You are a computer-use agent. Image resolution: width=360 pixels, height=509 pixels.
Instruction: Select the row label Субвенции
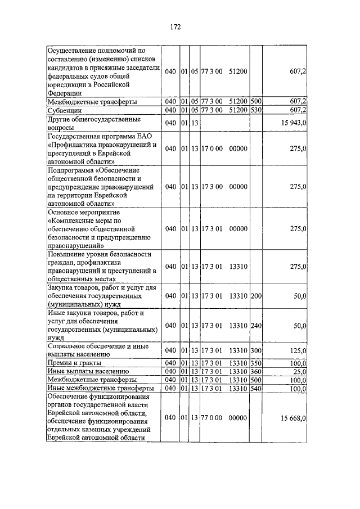coord(65,110)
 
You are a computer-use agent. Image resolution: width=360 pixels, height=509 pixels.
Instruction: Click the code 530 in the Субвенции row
coord(256,110)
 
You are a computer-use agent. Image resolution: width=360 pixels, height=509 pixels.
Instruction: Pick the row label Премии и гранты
coord(71,363)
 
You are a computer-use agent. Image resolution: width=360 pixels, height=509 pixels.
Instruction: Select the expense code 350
coord(256,363)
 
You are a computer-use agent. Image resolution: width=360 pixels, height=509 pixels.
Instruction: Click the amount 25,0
coord(299,372)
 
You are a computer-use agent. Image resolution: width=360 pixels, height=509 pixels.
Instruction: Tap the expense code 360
coord(256,372)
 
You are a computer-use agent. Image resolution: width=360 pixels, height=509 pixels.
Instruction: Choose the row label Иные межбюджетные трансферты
coord(93,388)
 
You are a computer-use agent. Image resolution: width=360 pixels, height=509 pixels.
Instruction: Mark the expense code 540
coord(256,388)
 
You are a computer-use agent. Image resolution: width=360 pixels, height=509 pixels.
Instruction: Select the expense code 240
coord(256,326)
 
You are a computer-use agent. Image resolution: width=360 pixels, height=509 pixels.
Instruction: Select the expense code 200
coord(256,296)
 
